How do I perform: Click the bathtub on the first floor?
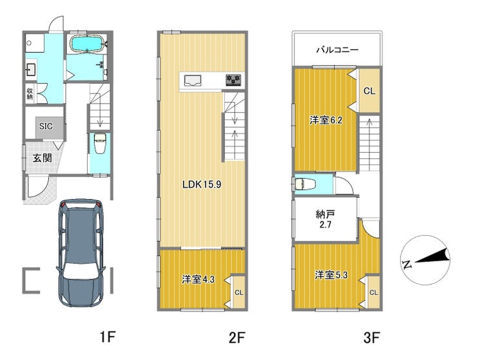click(87, 44)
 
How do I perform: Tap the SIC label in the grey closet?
click(46, 126)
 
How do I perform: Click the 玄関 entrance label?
click(43, 158)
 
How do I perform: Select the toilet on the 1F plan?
click(99, 144)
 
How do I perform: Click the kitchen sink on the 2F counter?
click(193, 81)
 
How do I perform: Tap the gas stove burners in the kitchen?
click(233, 80)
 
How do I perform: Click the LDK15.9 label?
click(201, 184)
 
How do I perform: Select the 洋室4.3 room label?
click(198, 279)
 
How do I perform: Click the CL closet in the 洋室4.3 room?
click(239, 292)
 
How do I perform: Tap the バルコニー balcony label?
click(337, 50)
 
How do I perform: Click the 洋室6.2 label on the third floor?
click(326, 120)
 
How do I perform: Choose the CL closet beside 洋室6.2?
click(369, 91)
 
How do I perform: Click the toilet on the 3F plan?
click(306, 184)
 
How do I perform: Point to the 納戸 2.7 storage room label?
click(326, 220)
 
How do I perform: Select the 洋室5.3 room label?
click(331, 275)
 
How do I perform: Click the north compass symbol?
click(425, 260)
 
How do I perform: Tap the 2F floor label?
click(237, 337)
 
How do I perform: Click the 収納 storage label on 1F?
click(30, 94)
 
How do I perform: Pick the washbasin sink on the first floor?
click(31, 70)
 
